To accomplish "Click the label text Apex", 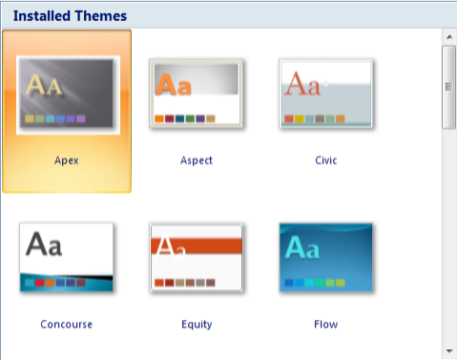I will tap(67, 160).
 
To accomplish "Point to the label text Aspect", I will tap(197, 160).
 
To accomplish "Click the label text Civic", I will tap(325, 160).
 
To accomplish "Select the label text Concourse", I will tap(67, 325).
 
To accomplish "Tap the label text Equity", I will tap(197, 325).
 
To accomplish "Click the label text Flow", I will tap(325, 325).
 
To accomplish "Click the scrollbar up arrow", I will tap(447, 37).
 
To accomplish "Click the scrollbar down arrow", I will tap(447, 350).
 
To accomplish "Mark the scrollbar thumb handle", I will tap(447, 86).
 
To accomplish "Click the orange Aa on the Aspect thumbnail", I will tap(174, 85).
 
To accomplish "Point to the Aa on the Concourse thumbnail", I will tap(44, 245).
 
